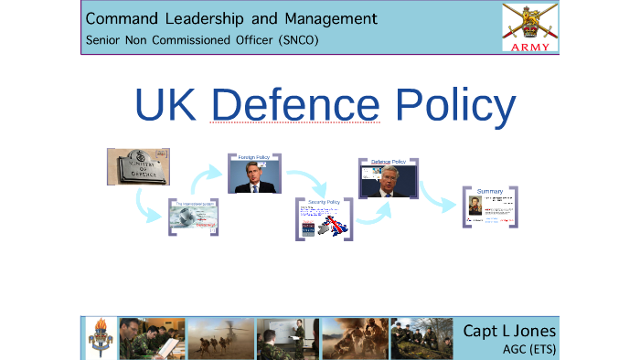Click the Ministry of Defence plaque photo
pos(137,166)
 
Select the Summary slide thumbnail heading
pos(490,191)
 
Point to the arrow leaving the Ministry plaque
pos(145,212)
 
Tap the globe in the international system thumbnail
pos(188,217)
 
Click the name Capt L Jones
pos(509,330)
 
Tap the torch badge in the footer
pos(100,338)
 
